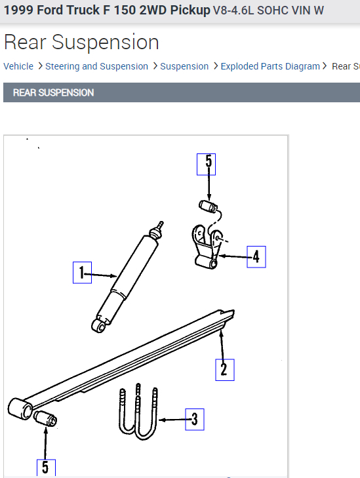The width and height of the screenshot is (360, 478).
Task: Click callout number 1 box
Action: click(x=81, y=272)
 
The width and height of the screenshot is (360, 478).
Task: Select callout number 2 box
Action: click(x=224, y=369)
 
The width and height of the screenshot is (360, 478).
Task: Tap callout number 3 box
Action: click(x=194, y=418)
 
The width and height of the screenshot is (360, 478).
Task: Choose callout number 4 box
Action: click(x=256, y=256)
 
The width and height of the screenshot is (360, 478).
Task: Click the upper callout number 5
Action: click(x=207, y=163)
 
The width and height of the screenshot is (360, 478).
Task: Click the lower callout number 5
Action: click(x=46, y=467)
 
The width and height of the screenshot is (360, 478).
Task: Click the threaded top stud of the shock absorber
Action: click(x=157, y=228)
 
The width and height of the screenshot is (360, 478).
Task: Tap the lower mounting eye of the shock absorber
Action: click(x=98, y=325)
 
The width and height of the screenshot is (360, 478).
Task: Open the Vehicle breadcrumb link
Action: click(x=18, y=66)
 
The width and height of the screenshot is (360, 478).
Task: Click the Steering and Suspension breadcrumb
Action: click(x=96, y=66)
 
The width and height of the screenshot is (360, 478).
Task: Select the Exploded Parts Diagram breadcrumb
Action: click(x=270, y=66)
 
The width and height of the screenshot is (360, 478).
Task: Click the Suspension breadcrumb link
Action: click(x=184, y=66)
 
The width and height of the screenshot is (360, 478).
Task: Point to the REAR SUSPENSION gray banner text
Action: click(x=54, y=92)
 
